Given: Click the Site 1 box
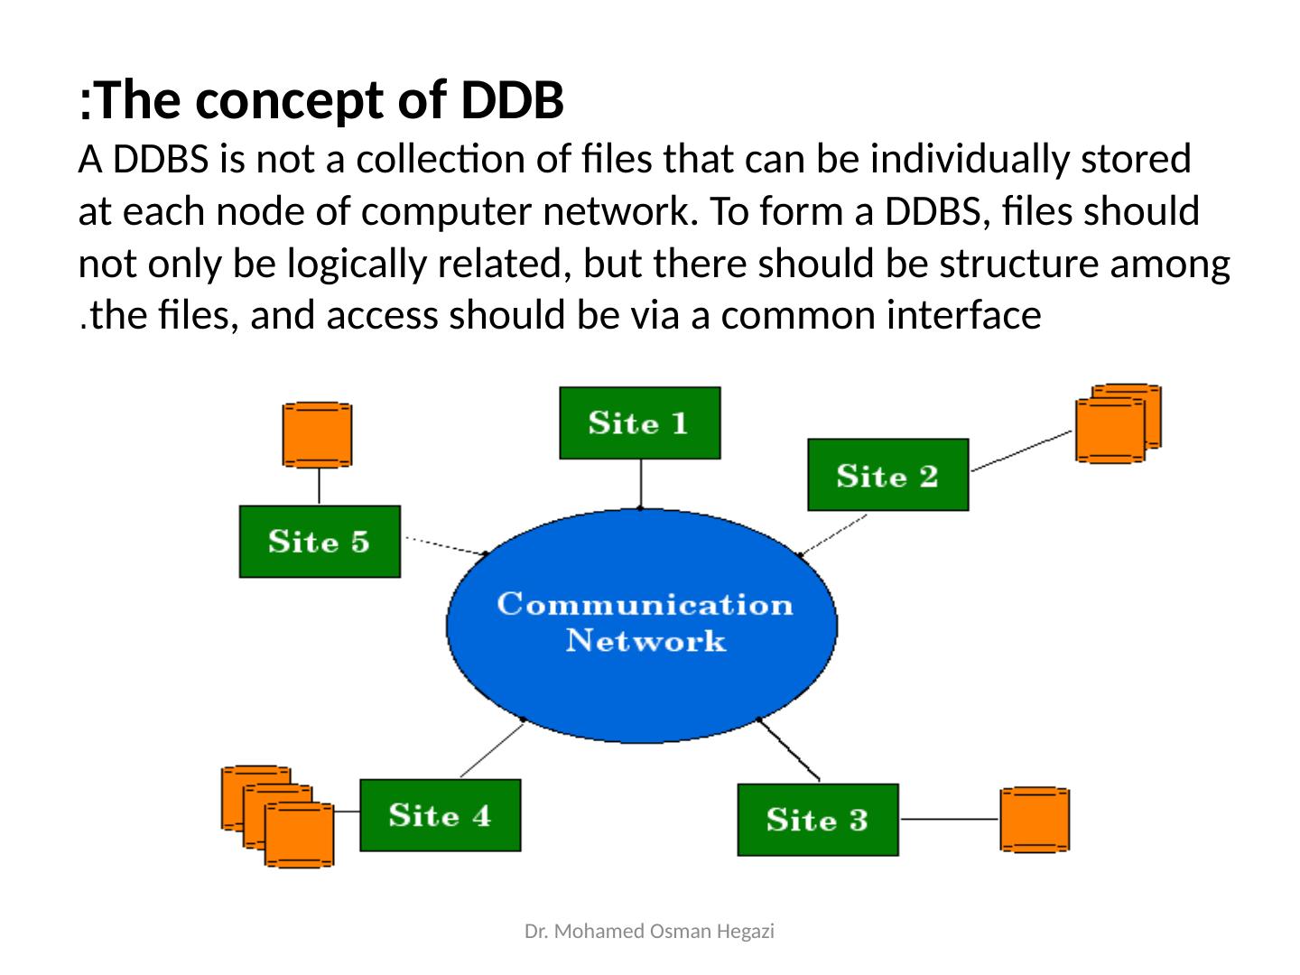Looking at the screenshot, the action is coord(640,422).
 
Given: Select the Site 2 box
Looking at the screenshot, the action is coord(887,474).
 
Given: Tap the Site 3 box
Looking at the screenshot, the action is coord(817,820).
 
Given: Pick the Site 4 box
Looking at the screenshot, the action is coord(440,814).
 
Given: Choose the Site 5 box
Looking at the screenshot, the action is coord(320,541).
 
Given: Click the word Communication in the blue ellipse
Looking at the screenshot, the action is coord(645,605).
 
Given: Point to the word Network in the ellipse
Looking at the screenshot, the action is coord(645,641).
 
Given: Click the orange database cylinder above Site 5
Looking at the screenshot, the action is coord(317,435).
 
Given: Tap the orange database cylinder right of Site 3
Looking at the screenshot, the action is coord(1034,820).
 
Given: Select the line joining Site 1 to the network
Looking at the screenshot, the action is coord(640,483).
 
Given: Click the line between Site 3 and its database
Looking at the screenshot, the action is coord(949,820).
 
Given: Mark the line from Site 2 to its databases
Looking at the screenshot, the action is coord(1021,451).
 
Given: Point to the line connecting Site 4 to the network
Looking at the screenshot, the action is coord(492,748).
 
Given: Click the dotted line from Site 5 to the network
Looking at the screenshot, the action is coord(445,546).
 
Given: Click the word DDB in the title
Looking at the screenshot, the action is coord(512,100).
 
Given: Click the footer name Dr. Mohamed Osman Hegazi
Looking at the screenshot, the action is coord(649,931).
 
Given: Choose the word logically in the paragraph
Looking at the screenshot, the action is coord(357,264).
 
